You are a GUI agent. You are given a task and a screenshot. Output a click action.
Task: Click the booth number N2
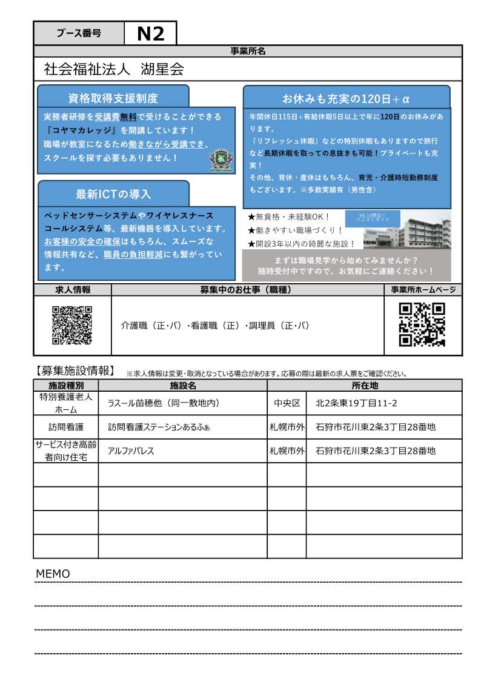(150, 34)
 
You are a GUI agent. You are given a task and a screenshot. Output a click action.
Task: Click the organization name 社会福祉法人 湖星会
(114, 69)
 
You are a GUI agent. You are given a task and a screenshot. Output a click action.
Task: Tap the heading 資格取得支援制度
(113, 98)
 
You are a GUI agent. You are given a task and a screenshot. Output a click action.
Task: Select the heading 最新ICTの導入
(113, 194)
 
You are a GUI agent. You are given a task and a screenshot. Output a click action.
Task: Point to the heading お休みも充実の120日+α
(347, 98)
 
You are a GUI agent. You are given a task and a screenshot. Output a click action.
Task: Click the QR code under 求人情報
(72, 325)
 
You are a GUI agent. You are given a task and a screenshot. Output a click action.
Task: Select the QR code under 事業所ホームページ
(422, 324)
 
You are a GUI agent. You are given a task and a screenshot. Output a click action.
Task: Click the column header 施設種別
(65, 385)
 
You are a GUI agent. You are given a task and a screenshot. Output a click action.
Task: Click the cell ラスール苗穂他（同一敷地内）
(163, 403)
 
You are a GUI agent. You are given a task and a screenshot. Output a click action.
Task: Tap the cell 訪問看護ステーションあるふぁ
(159, 427)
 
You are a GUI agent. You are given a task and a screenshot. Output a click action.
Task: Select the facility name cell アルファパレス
(131, 451)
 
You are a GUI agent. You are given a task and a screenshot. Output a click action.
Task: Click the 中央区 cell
(287, 403)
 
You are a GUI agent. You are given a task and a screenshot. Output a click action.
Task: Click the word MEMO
(53, 574)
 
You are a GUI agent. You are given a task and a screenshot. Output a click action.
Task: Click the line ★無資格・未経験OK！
(289, 216)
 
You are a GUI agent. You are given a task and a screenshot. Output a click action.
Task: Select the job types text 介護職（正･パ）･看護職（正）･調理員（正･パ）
(215, 326)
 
